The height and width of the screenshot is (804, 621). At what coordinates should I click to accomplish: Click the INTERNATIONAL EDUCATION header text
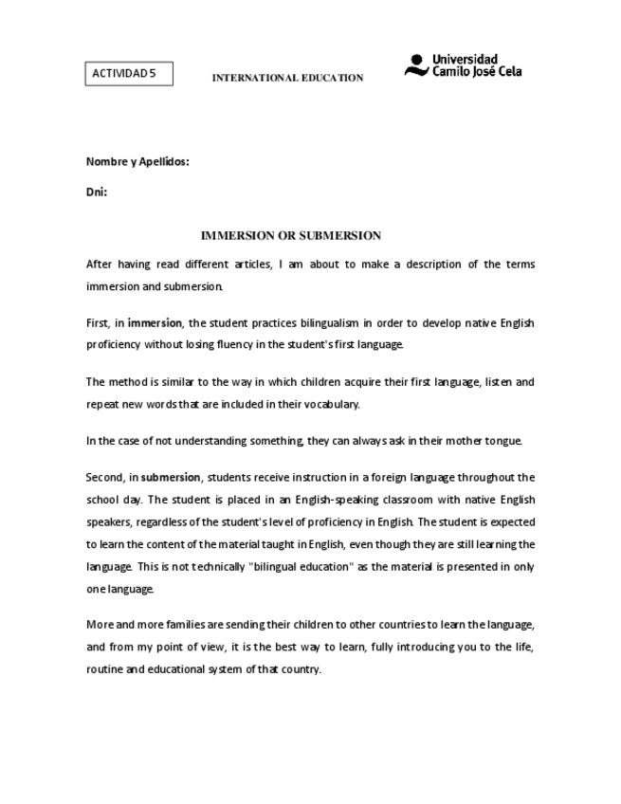(x=287, y=78)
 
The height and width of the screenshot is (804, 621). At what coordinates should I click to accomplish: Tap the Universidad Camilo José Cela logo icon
(x=416, y=65)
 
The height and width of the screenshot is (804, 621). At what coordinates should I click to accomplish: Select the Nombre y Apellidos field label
(x=138, y=161)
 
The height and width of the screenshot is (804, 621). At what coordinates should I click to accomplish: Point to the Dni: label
(x=97, y=192)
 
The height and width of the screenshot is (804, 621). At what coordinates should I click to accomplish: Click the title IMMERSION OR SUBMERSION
(x=291, y=235)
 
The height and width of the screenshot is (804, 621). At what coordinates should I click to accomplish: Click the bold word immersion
(x=155, y=323)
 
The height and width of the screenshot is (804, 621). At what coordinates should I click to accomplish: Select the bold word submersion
(x=171, y=477)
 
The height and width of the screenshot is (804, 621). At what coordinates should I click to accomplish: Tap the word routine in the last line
(x=104, y=669)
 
